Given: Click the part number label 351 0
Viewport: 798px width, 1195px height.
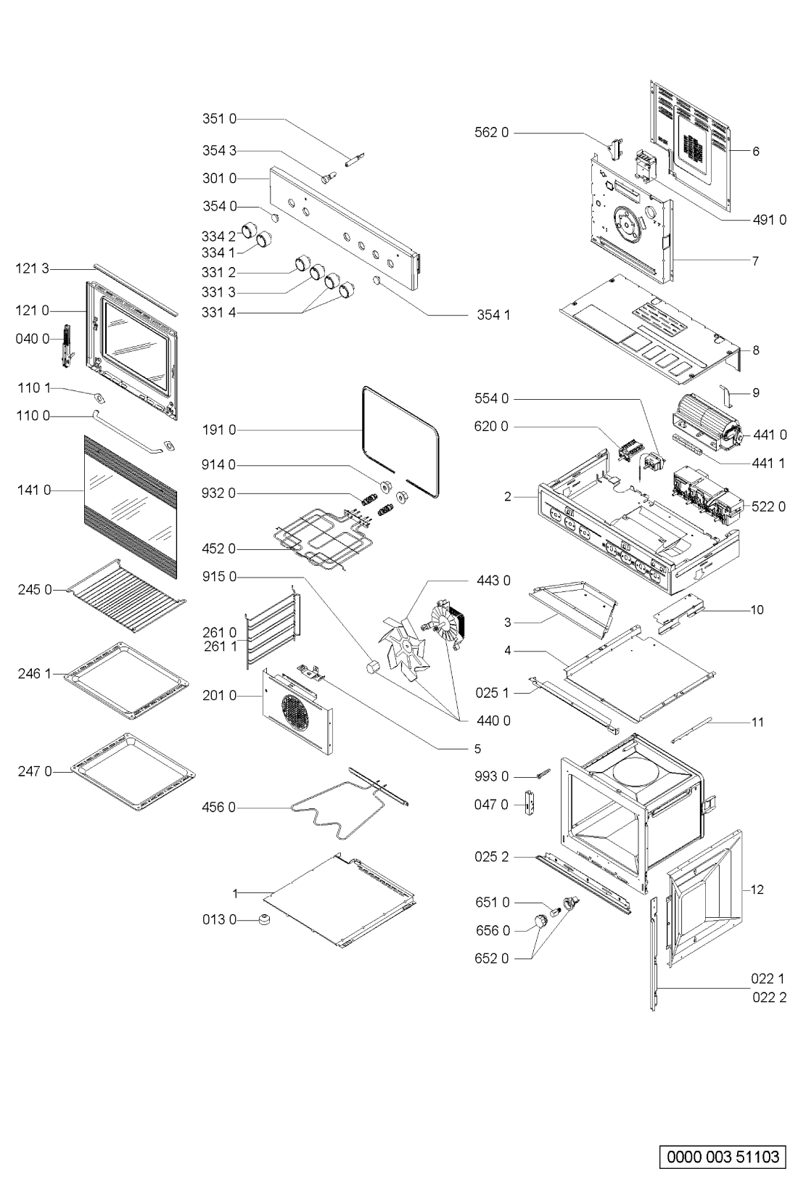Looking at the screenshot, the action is click(218, 118).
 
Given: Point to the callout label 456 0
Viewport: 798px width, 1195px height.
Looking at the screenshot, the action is click(218, 808).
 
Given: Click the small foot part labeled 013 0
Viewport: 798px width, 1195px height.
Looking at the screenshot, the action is click(263, 919).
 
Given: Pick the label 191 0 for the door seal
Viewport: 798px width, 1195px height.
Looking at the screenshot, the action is click(218, 430).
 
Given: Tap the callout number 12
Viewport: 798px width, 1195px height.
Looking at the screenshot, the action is click(757, 890).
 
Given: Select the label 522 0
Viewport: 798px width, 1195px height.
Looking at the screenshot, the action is click(769, 506).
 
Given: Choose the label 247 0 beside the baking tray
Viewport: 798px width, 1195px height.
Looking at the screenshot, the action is click(35, 771).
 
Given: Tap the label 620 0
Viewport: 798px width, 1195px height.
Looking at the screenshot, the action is click(490, 426).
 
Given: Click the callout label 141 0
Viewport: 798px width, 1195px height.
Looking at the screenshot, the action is click(33, 490).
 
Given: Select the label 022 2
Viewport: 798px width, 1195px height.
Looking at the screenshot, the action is click(769, 998).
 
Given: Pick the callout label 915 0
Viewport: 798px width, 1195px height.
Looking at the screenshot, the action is click(218, 577).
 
